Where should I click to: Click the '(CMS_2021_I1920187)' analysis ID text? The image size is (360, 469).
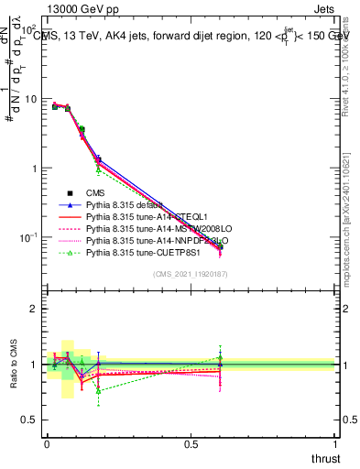(191, 275)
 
